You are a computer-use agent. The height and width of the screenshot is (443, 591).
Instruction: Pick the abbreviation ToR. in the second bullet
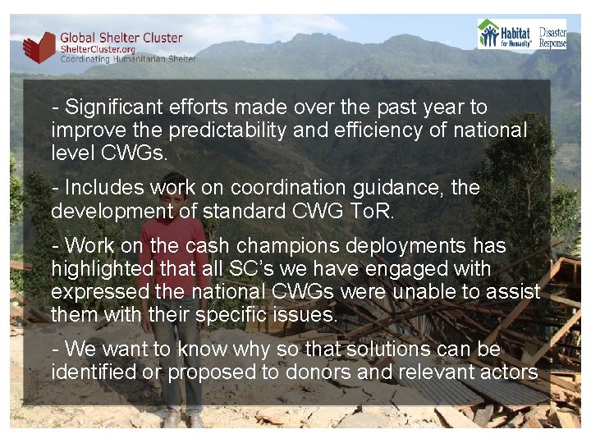[371, 211]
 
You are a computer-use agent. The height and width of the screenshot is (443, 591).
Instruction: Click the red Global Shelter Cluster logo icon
[39, 47]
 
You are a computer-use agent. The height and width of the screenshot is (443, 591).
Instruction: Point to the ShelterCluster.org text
[95, 49]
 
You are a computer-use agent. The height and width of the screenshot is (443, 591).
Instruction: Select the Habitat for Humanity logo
[506, 34]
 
